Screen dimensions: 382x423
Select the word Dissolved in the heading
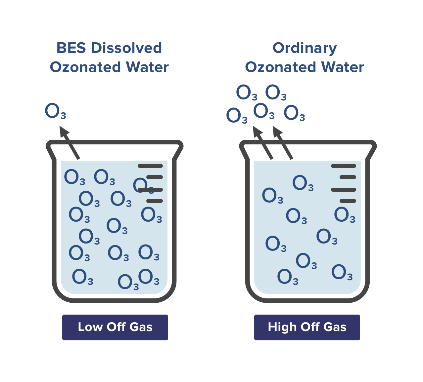click(126, 48)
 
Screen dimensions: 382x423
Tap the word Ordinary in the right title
click(305, 48)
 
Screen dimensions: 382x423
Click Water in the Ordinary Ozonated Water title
click(343, 67)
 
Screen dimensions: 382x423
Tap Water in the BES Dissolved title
click(147, 67)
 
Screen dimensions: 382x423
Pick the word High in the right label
click(281, 327)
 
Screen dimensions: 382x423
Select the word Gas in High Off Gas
click(335, 327)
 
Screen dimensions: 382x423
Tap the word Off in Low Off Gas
click(116, 327)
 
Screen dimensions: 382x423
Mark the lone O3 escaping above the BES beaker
click(55, 111)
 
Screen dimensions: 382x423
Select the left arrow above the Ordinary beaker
click(263, 143)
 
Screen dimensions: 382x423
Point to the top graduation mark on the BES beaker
click(150, 166)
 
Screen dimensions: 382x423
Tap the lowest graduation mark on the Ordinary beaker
click(348, 201)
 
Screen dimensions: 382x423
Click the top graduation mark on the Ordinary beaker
click(344, 166)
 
